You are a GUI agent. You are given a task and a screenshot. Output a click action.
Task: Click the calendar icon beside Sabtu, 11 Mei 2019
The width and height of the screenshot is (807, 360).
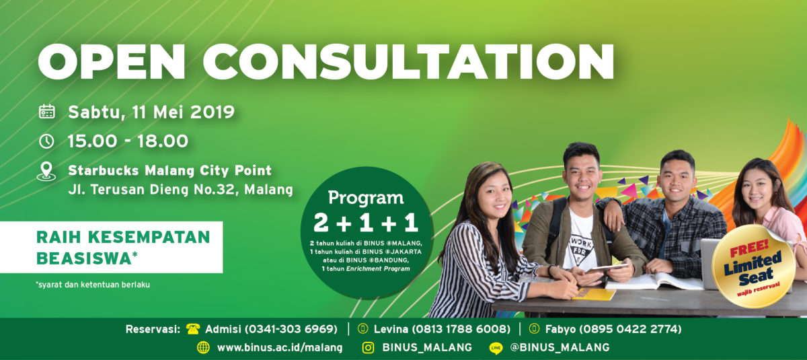click(46, 112)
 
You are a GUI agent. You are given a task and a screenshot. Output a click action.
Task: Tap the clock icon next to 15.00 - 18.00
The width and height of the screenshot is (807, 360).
click(46, 141)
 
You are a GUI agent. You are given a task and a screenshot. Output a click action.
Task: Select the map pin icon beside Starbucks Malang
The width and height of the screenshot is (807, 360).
click(46, 171)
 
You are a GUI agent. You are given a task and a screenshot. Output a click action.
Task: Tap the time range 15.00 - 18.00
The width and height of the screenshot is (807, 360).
click(128, 141)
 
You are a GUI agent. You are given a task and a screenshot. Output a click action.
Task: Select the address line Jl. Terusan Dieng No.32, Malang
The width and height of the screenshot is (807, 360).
click(180, 190)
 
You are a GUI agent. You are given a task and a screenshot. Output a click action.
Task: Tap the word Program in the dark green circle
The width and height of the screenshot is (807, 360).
click(366, 198)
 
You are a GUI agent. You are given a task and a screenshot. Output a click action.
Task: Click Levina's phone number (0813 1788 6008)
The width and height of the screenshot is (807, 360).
click(465, 329)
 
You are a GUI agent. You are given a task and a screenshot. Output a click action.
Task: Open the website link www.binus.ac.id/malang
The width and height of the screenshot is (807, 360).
click(280, 348)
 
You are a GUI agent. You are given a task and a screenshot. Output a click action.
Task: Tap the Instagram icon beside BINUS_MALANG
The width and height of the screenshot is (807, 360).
click(368, 348)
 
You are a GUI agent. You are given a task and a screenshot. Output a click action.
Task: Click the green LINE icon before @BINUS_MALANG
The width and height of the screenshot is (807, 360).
click(496, 348)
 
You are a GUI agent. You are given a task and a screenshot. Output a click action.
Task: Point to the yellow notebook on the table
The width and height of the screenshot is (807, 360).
click(594, 294)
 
